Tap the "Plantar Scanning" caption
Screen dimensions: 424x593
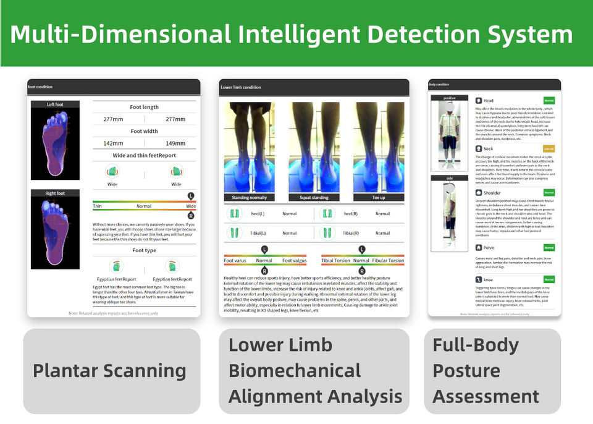pos(109,371)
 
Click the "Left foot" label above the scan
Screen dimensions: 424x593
pos(55,104)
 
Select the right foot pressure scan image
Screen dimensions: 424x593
pos(56,229)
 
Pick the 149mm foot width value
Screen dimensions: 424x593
pos(176,143)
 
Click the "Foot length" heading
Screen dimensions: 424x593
pos(144,107)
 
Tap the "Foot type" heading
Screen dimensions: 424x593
pos(144,250)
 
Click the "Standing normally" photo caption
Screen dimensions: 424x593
pos(249,198)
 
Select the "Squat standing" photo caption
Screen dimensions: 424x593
pos(314,198)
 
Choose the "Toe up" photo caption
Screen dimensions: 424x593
pos(379,198)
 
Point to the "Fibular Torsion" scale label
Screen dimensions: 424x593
pos(389,261)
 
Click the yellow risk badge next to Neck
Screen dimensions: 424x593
pos(549,149)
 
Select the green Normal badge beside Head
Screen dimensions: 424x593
pos(549,100)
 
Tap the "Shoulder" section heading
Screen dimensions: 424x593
pos(493,193)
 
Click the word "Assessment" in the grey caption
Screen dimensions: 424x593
pos(486,396)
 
